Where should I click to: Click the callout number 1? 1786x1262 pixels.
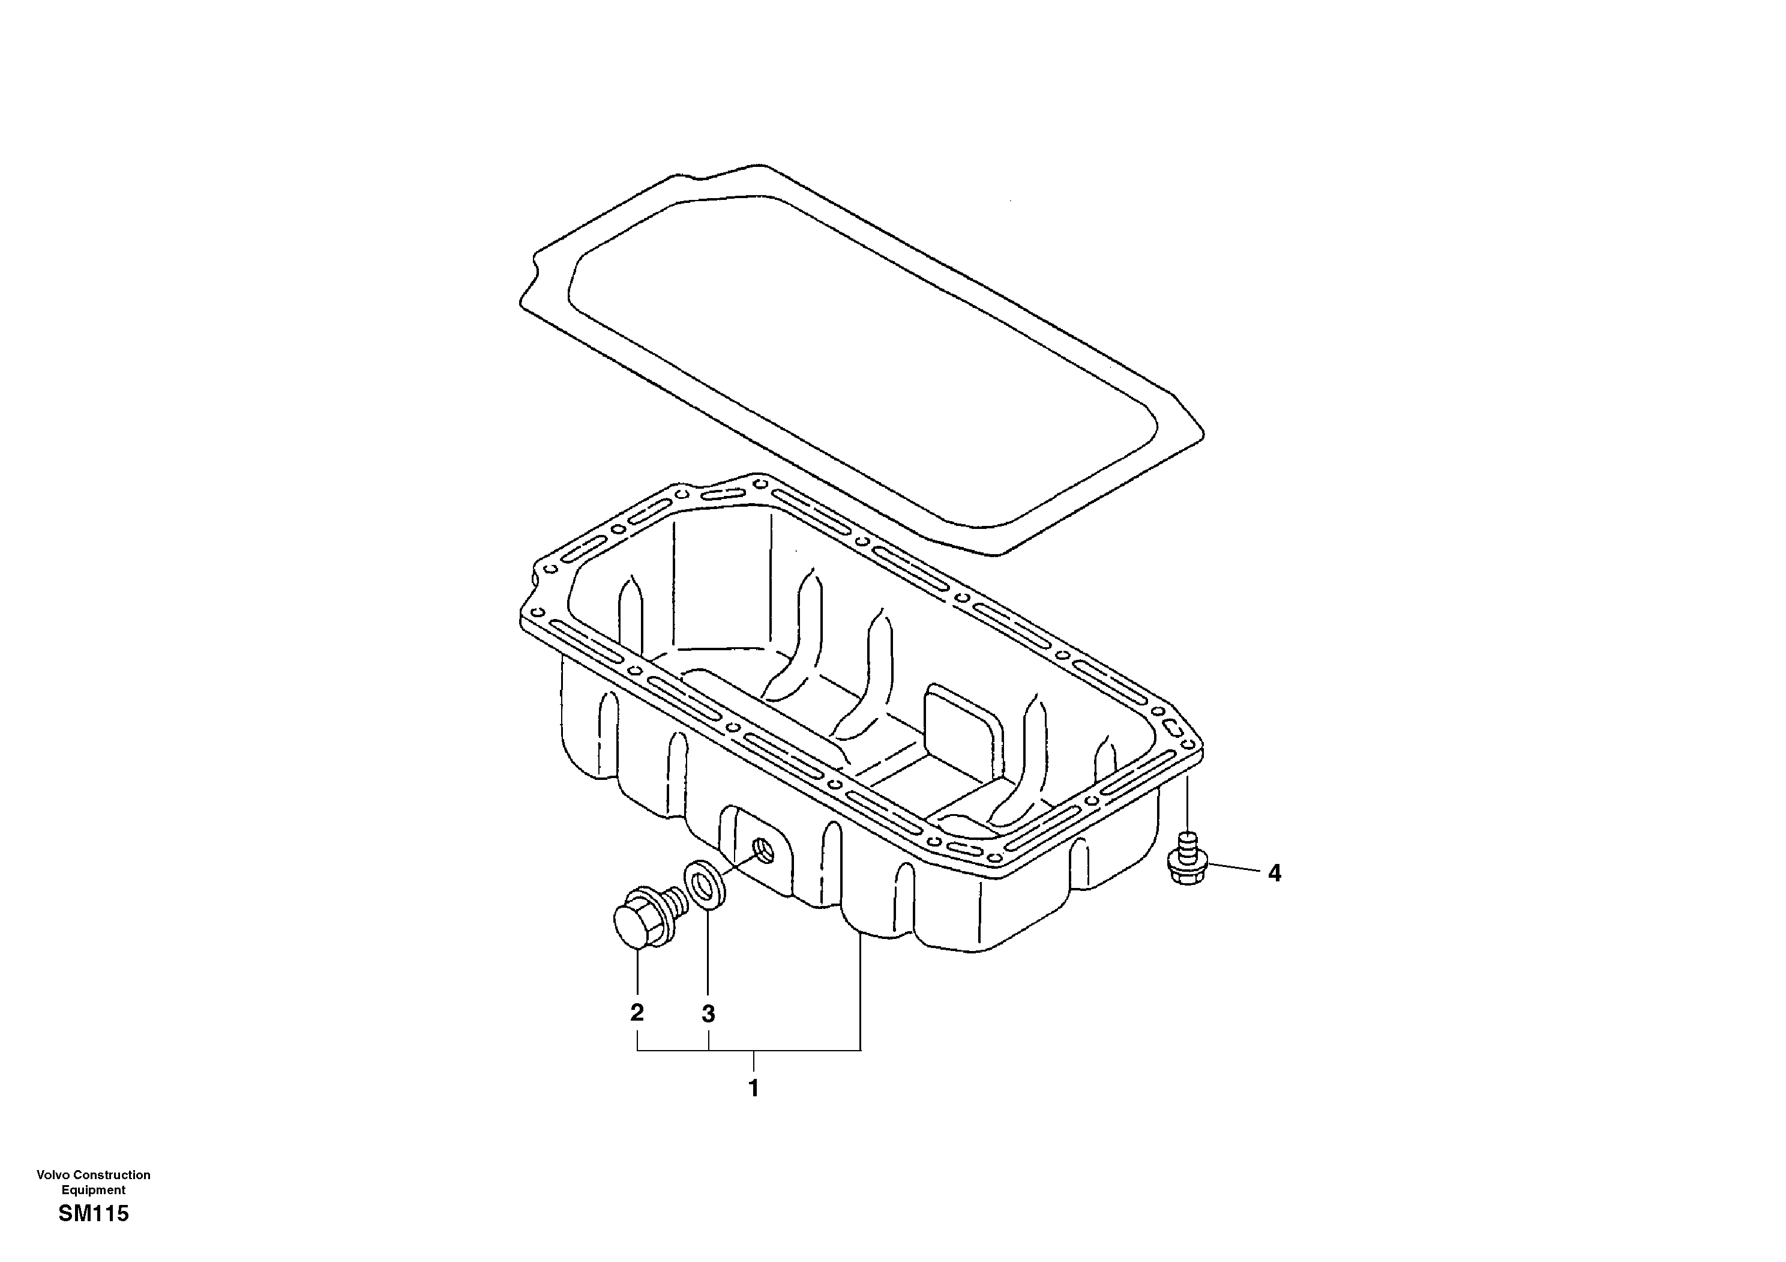point(753,1088)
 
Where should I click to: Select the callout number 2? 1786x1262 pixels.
point(637,1012)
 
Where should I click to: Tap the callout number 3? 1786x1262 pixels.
point(708,1014)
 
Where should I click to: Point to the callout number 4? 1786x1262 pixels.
point(1274,874)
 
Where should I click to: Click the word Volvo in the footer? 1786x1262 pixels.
point(53,1175)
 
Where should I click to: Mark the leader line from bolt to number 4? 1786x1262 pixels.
point(1232,868)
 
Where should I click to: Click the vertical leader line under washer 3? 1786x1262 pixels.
point(708,957)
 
